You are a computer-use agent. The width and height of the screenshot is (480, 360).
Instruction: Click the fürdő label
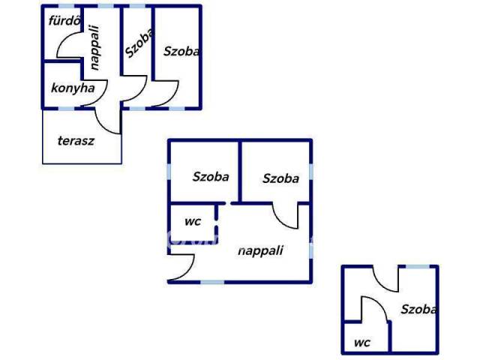coord(64,21)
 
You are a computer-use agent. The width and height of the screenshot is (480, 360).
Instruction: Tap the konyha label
coord(73,88)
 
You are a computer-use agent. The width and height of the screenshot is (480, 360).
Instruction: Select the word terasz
coord(76,141)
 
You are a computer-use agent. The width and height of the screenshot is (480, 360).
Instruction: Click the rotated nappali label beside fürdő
coord(95,47)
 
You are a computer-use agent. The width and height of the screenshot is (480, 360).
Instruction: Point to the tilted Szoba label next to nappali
coord(139,43)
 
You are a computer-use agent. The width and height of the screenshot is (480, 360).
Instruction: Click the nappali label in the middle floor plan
coord(260,250)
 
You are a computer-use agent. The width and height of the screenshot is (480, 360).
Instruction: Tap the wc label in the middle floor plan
coord(193,221)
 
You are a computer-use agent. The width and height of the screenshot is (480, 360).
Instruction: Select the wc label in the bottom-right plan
coord(362,343)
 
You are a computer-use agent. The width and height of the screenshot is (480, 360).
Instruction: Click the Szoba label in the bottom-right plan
coord(418,309)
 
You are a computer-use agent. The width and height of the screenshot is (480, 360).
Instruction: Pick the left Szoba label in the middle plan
coord(211,177)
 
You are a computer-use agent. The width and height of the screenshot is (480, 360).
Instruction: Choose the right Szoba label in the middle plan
coord(280,178)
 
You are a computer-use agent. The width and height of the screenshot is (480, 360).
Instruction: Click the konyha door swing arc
coord(103,96)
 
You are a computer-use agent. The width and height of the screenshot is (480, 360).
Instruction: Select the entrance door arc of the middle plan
coord(190,271)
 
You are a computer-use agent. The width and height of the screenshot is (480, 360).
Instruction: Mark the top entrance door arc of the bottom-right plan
coord(380,284)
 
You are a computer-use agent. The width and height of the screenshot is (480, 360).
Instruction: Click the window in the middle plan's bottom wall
coord(212,282)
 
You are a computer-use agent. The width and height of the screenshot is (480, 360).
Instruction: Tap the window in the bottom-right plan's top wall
coord(418,267)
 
